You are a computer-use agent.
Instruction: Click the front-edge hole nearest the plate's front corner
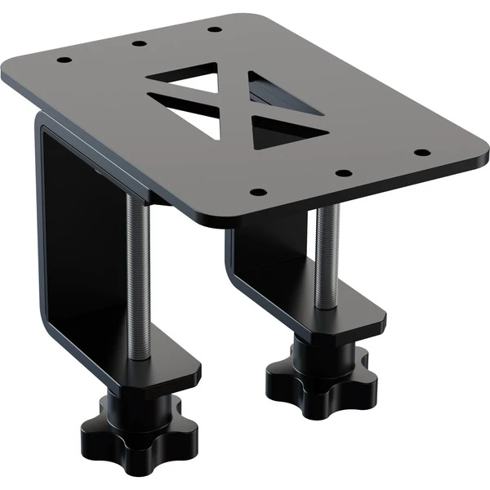(x=257, y=193)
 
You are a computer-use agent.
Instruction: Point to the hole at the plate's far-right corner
(x=421, y=152)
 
